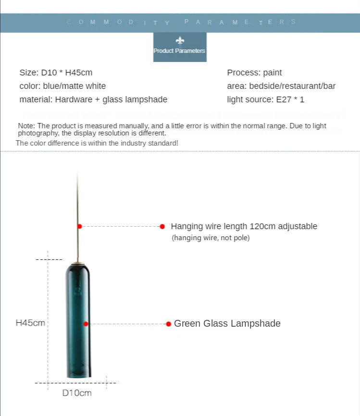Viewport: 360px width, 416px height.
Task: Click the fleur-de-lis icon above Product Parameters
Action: [x=180, y=40]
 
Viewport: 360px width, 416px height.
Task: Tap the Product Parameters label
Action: [x=179, y=51]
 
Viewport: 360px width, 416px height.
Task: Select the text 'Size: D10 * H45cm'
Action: [x=56, y=73]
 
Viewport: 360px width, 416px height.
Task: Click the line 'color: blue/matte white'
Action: [x=62, y=86]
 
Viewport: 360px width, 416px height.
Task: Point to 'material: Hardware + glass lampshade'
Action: [x=93, y=99]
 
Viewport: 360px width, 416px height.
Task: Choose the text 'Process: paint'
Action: [x=254, y=73]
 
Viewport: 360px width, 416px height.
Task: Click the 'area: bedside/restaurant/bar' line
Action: [x=281, y=86]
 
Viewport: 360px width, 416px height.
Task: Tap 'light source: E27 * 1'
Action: [x=265, y=99]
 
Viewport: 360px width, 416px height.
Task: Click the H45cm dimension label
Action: [x=30, y=323]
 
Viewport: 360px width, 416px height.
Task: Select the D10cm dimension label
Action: [x=77, y=393]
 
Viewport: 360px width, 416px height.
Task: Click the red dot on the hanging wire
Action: [x=79, y=226]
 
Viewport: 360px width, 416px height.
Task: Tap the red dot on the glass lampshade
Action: [x=86, y=324]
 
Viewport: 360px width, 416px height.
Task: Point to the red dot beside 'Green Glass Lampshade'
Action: [x=168, y=324]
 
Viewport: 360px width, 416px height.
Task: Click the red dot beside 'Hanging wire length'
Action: [x=162, y=226]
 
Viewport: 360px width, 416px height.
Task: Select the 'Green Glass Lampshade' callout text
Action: [x=227, y=323]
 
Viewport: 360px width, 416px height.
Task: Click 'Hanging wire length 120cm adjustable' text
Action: [x=244, y=226]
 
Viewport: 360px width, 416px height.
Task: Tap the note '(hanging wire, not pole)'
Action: [x=211, y=238]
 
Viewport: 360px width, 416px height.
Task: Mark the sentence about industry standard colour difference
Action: [x=97, y=143]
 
